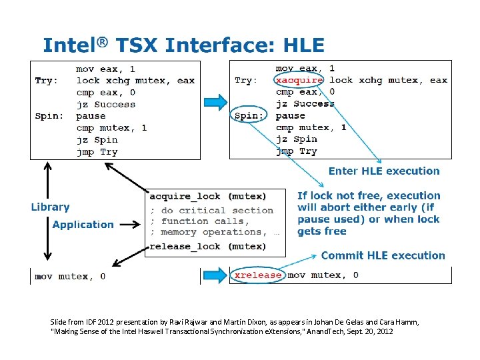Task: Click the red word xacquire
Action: click(299, 80)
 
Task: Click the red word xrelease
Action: click(257, 275)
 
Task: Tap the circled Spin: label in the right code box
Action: click(249, 115)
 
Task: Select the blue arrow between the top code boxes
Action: click(215, 102)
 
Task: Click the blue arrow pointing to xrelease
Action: click(215, 275)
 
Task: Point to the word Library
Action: click(50, 207)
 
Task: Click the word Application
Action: click(83, 225)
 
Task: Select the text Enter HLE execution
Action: click(384, 171)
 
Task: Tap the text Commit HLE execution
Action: click(383, 255)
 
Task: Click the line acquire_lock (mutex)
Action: click(207, 196)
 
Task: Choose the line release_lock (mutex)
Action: click(207, 247)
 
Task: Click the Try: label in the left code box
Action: click(47, 81)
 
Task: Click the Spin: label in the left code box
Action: click(49, 116)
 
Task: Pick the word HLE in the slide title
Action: click(303, 45)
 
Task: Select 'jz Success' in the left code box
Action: click(105, 105)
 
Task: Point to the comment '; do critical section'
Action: click(211, 211)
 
